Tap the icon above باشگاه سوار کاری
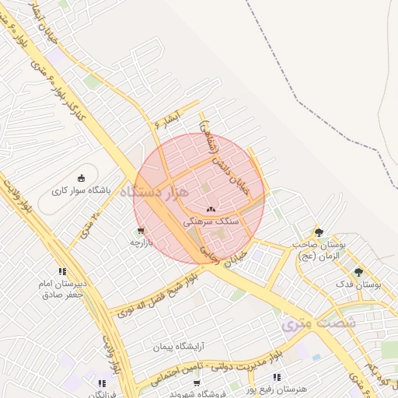[x=82, y=178]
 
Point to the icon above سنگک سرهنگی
[x=211, y=209]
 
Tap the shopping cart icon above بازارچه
[x=140, y=231]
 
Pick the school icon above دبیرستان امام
[x=62, y=271]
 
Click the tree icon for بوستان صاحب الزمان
[x=319, y=232]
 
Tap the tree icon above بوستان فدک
[x=358, y=272]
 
